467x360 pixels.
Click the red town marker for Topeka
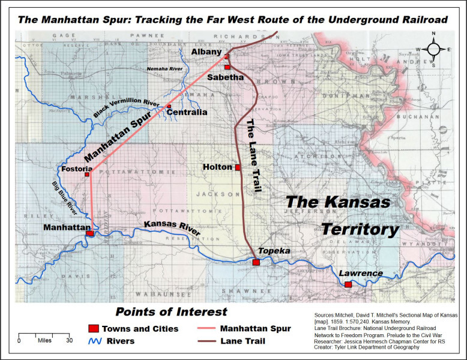coord(256,262)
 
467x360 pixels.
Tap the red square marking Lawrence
coord(348,284)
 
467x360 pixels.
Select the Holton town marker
coord(238,167)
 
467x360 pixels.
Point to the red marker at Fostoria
coord(88,174)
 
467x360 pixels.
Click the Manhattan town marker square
coord(90,234)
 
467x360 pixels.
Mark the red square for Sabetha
coord(227,67)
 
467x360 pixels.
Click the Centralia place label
coord(187,112)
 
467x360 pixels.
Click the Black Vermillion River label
coord(127,107)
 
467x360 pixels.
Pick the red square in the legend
coord(93,329)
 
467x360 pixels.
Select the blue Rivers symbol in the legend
coord(93,341)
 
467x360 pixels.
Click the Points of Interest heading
coord(171,311)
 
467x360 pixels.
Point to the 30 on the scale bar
coord(70,340)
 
